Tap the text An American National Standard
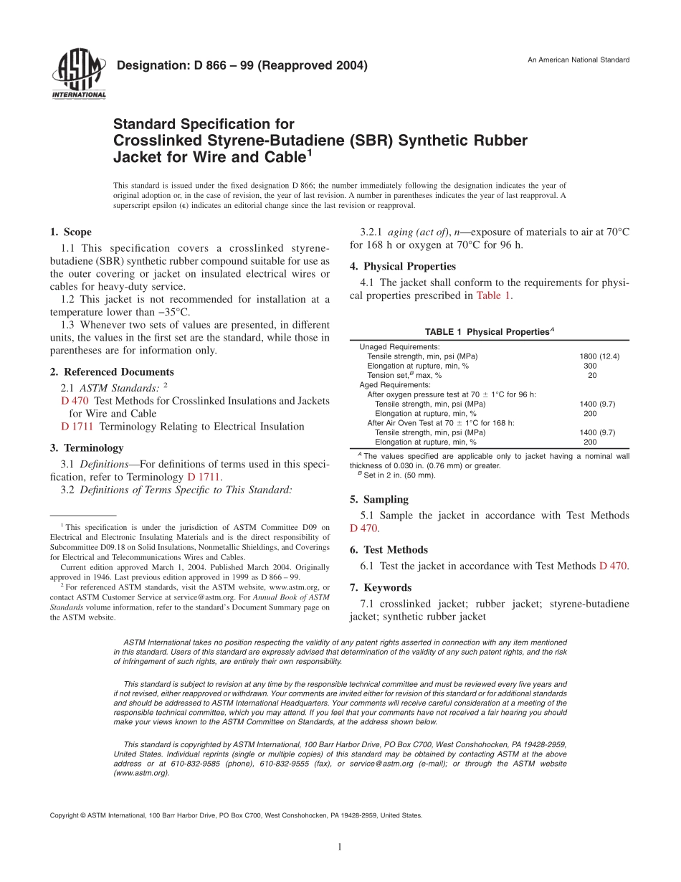(x=578, y=60)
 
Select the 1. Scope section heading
(x=71, y=232)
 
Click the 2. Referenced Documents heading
(x=112, y=371)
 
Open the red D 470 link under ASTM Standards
(x=75, y=401)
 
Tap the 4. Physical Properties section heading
(x=403, y=266)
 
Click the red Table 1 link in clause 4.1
(x=494, y=295)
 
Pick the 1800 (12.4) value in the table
(x=599, y=356)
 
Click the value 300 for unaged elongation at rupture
(x=590, y=366)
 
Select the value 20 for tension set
(x=592, y=375)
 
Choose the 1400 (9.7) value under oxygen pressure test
(x=597, y=404)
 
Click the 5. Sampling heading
(x=379, y=499)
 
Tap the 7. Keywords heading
(x=381, y=587)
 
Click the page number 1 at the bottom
(x=340, y=847)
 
